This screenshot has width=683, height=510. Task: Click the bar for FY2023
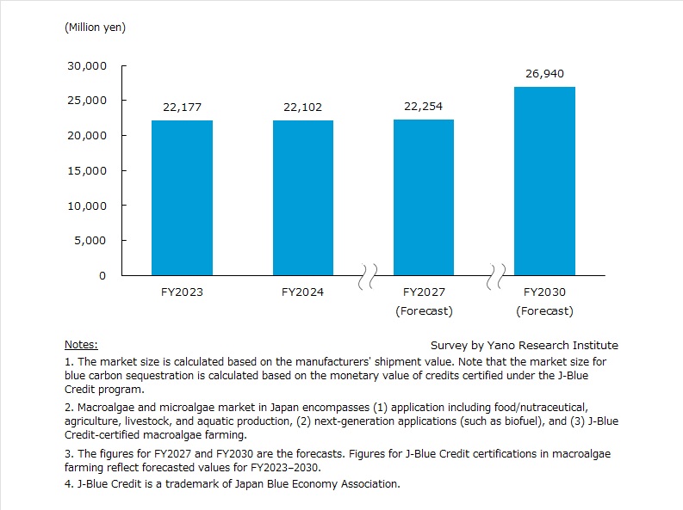coord(182,198)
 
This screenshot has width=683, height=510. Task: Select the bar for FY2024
coord(303,198)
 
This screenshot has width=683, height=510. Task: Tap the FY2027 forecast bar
coord(424,197)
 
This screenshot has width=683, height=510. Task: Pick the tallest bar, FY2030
coord(544,181)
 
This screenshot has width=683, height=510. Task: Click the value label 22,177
coord(182,107)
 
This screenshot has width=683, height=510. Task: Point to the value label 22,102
coord(303,107)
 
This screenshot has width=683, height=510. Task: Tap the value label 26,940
coord(544,73)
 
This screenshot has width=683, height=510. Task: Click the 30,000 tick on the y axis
coord(87,65)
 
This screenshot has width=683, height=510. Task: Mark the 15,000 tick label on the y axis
coord(87,170)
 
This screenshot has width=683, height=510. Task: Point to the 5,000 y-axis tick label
coord(90,241)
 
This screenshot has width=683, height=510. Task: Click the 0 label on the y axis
coord(102,276)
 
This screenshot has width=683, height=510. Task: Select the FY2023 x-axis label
coord(182,292)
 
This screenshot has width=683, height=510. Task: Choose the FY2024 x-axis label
coord(303,292)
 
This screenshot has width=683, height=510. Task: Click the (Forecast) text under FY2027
coord(424,310)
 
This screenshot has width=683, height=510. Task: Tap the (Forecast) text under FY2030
coord(544,310)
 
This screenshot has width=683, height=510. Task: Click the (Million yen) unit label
coord(95,28)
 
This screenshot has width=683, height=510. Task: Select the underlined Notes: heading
coord(81,345)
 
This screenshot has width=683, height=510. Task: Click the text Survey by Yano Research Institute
coord(524,345)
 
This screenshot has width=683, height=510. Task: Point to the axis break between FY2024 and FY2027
coord(368,277)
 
